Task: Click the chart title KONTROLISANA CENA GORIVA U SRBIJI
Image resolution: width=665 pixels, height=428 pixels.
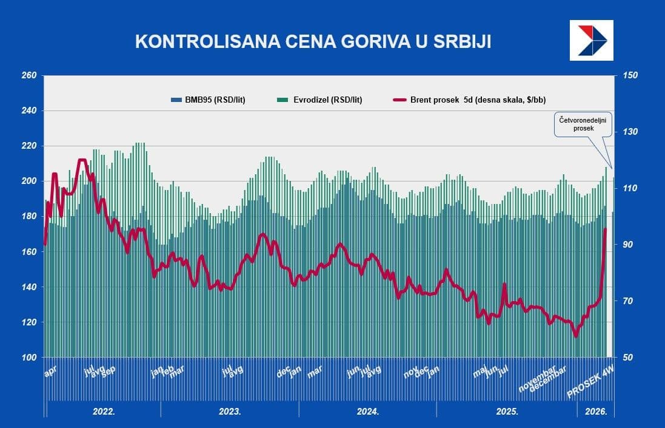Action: [x=313, y=41]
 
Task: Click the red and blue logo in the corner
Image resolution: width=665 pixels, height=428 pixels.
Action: [x=591, y=40]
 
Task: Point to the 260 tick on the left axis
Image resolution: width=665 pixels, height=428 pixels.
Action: [x=29, y=76]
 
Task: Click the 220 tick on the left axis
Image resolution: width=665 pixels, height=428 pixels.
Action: [x=29, y=146]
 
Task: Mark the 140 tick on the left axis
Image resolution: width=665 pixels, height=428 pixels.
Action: [x=29, y=287]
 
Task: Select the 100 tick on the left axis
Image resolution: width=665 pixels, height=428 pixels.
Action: [x=29, y=358]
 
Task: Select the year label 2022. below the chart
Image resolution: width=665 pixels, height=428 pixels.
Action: [x=104, y=412]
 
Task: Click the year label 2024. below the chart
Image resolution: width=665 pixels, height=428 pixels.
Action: [x=368, y=412]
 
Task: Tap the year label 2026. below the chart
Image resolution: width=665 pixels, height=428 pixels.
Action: [x=596, y=412]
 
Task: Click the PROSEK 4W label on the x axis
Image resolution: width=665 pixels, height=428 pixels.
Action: [x=590, y=384]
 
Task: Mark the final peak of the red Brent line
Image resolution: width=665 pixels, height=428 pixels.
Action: [x=605, y=229]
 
